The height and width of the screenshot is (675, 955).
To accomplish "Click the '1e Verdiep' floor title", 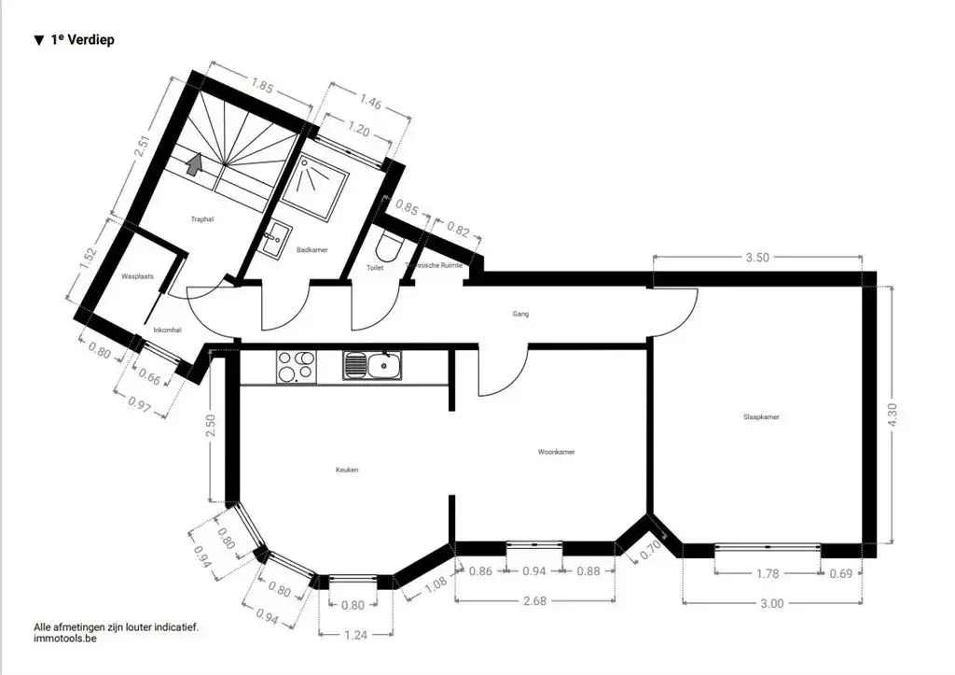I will (x=81, y=40).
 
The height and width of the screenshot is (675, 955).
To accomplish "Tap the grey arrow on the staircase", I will (x=195, y=164).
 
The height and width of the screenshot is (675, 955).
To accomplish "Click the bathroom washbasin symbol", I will (x=276, y=241).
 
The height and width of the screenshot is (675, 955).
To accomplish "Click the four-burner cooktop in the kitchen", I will (x=297, y=365).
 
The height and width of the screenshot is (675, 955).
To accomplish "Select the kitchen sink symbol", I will (x=371, y=365).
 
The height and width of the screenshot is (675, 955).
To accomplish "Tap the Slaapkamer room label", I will (x=761, y=417).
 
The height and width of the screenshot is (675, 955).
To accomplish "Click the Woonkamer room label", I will (x=556, y=452).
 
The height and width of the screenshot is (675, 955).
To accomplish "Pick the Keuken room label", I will (x=347, y=470).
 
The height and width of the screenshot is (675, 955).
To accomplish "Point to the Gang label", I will (x=520, y=314).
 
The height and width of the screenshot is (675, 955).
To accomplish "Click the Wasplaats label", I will (x=137, y=277).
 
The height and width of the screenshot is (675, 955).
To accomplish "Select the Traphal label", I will (x=202, y=219).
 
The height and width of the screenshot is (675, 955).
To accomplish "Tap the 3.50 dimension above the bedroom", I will (x=756, y=259).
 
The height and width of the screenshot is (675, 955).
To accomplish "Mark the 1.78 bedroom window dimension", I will (x=768, y=573).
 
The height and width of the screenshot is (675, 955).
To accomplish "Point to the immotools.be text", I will (x=64, y=640).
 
